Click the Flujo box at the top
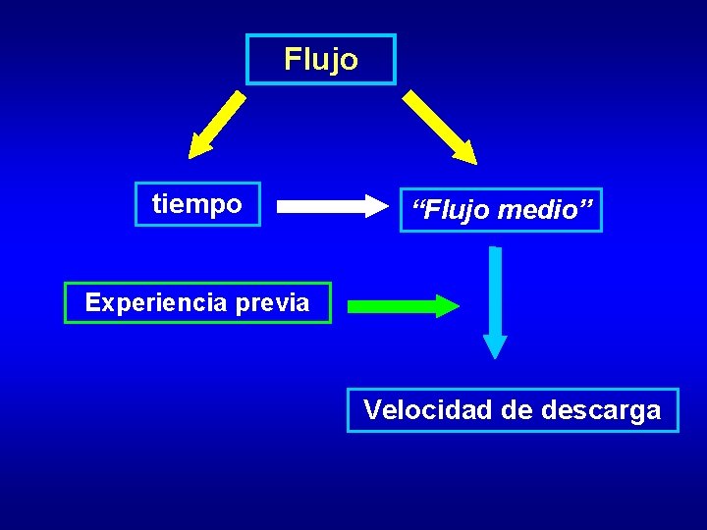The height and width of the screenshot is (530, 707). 321,60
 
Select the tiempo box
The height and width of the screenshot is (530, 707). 197,204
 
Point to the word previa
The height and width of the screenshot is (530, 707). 272,302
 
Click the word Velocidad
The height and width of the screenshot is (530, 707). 427,409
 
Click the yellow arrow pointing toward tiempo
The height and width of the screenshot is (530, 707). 218,125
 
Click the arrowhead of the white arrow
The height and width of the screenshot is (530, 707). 376,206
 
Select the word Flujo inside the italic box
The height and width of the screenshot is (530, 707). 451,210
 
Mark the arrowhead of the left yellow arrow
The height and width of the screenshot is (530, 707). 199,148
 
